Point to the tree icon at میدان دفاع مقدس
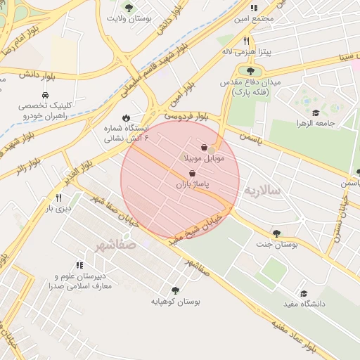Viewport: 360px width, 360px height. coord(250,70)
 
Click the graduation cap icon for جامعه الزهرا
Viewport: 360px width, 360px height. coord(316,112)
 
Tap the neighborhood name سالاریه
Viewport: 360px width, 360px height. coord(262,191)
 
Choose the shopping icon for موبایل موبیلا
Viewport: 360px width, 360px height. coord(205,148)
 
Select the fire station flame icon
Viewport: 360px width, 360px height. coord(126,117)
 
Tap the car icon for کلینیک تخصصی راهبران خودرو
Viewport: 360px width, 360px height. coord(45,94)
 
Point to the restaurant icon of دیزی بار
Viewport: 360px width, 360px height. coord(68,198)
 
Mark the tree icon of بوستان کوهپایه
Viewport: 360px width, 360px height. coord(175,290)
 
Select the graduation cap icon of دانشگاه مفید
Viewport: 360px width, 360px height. coord(304,293)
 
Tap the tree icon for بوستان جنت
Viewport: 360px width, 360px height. coord(276,233)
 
